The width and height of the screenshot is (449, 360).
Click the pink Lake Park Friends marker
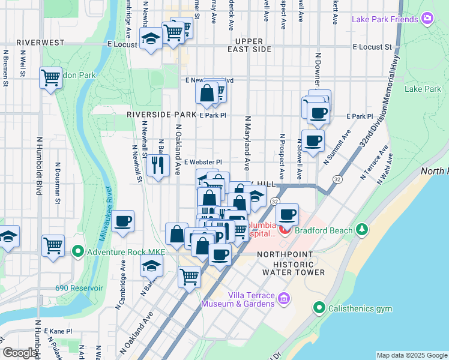427,19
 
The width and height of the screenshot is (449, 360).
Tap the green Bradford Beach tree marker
362,229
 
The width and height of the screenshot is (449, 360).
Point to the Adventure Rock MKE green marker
77,251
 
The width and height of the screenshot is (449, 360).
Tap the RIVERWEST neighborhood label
40,43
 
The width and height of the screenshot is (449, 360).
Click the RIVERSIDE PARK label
161,114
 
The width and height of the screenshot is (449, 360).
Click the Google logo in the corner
20,353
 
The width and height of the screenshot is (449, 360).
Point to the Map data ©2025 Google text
412,355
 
